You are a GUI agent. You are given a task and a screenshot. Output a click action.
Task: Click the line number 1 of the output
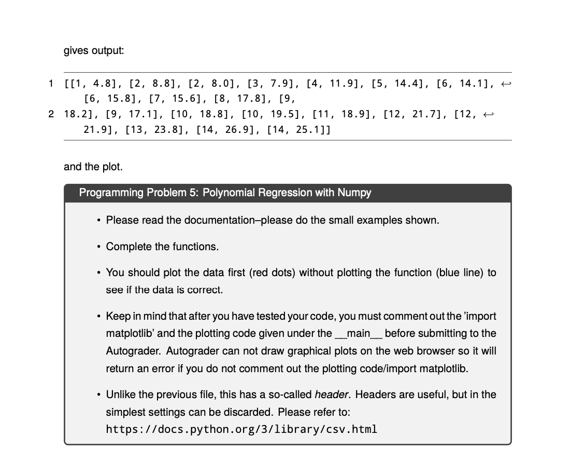tap(51, 83)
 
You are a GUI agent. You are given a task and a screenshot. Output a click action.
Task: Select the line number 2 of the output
tap(51, 114)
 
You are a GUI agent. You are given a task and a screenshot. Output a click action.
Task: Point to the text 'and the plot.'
tap(93, 167)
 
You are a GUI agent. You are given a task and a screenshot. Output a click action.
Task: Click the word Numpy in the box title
tap(354, 193)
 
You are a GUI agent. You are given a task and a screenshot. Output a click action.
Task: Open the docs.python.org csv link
tap(241, 429)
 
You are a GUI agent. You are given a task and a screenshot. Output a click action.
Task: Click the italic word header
tap(332, 394)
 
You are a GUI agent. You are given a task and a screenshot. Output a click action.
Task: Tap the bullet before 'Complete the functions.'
tap(98, 247)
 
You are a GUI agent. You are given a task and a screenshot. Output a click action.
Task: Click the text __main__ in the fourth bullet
tap(359, 333)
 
